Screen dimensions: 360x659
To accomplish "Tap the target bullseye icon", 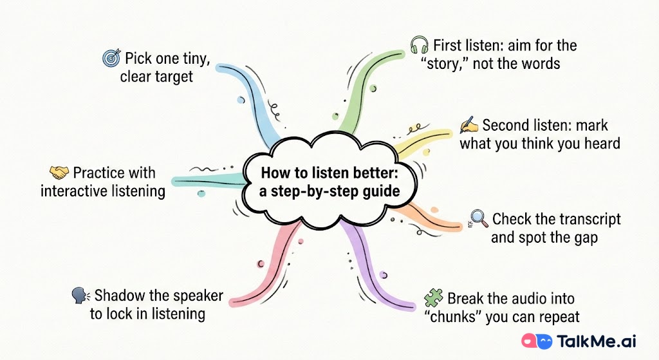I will (x=111, y=58).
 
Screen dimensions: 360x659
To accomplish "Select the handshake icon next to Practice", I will (x=59, y=173).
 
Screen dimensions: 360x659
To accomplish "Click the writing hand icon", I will (x=469, y=125).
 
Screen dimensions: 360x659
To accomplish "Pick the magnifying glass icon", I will (x=479, y=219).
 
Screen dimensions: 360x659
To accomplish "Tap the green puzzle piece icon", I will (x=433, y=298).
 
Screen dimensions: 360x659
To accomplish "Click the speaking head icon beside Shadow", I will (x=80, y=296).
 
